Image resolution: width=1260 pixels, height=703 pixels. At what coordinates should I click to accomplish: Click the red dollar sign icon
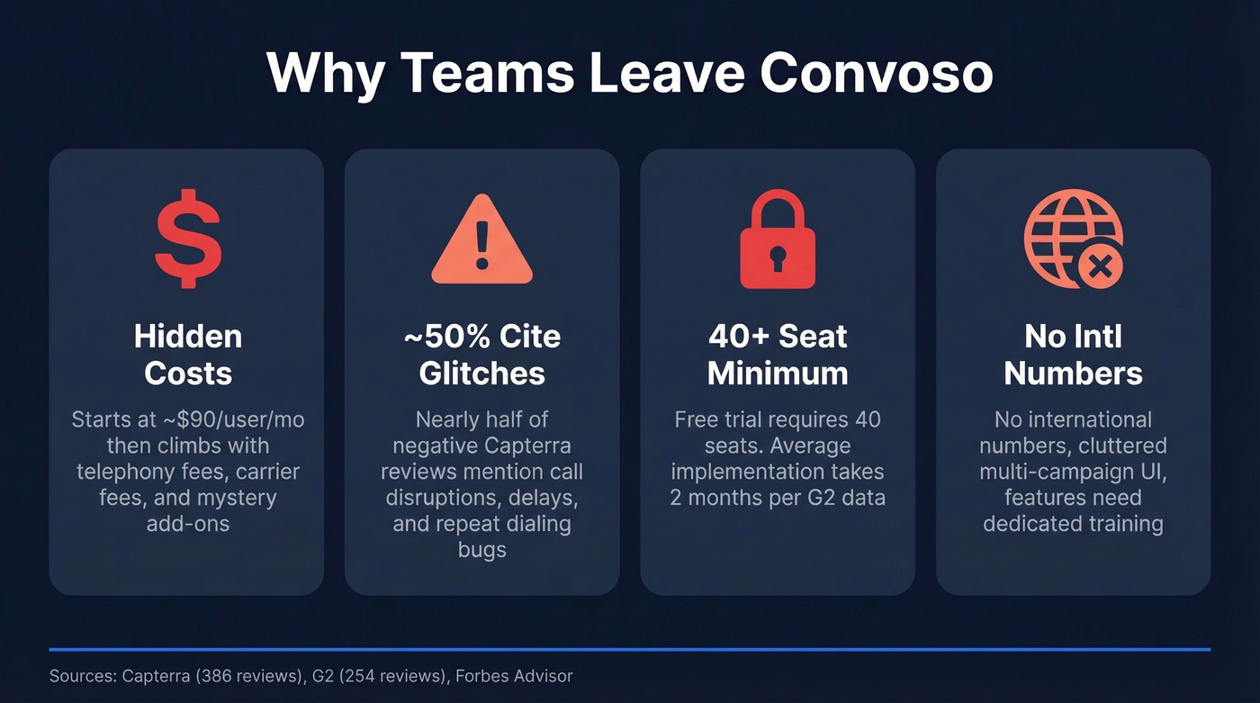click(187, 239)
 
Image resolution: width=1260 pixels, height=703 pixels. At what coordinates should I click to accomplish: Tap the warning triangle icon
click(481, 242)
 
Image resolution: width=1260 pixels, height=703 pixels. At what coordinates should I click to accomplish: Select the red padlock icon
click(778, 240)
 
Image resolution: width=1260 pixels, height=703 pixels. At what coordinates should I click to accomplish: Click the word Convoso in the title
click(877, 74)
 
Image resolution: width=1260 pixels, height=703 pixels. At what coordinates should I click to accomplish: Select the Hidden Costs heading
click(187, 355)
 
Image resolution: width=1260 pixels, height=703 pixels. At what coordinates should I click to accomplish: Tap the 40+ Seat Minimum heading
click(778, 355)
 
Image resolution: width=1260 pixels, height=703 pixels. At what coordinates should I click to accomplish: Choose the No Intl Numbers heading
click(1073, 355)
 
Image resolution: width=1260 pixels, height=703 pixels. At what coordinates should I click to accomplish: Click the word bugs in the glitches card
click(481, 549)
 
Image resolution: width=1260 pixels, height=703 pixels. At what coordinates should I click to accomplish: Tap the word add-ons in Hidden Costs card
click(187, 523)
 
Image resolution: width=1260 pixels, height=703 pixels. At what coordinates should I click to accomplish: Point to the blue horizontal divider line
click(630, 648)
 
